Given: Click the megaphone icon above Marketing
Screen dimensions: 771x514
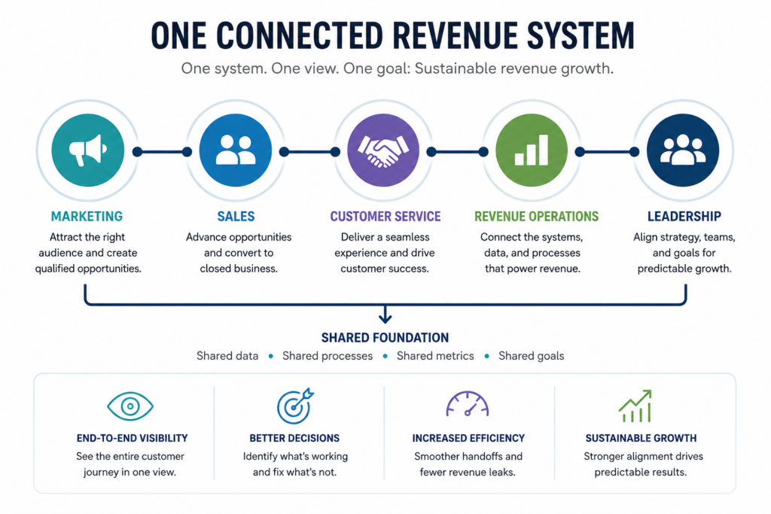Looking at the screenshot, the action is click(88, 150).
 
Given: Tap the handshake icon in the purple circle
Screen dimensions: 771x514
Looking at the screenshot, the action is click(383, 151).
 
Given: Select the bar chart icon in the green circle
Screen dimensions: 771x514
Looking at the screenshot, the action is click(532, 150).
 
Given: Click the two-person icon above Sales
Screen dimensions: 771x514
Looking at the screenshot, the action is click(236, 150).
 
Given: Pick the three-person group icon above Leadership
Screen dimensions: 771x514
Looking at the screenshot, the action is click(682, 150).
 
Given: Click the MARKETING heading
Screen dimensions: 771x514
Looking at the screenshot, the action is click(87, 216).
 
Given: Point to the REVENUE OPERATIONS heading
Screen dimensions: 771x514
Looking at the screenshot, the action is click(536, 216).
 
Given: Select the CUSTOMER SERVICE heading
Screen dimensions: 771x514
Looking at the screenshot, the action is click(385, 216).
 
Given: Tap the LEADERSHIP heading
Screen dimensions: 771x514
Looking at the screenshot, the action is click(684, 216).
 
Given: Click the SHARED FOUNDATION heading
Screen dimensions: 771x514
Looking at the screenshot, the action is click(385, 338).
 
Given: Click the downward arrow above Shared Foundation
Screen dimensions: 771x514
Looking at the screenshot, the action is click(385, 315).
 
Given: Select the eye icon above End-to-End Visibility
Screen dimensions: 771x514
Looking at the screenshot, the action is click(130, 406).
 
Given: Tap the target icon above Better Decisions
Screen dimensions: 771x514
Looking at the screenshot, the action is click(295, 406).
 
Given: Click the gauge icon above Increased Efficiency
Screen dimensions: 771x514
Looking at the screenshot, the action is click(468, 404).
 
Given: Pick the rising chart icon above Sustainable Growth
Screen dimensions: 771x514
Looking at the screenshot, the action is click(635, 406).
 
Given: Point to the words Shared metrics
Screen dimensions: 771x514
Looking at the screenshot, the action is click(435, 356).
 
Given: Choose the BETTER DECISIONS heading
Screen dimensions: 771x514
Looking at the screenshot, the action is click(294, 438).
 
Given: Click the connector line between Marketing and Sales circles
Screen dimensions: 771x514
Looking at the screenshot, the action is click(163, 152).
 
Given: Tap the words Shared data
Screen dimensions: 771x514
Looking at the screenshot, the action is click(227, 356).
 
